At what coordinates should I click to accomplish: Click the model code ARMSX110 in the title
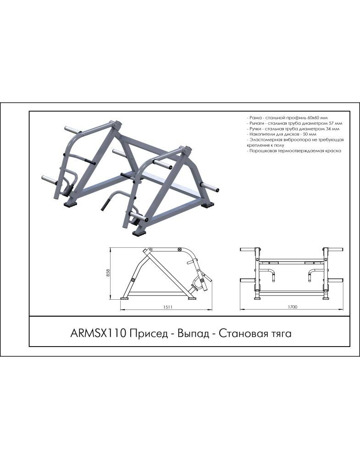click(98, 333)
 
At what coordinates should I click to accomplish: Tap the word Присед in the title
click(148, 333)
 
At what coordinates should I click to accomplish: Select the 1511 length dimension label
click(166, 307)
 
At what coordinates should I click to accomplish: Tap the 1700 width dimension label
click(293, 307)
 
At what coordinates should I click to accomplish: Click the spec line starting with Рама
click(287, 118)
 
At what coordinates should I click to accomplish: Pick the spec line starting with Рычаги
click(294, 123)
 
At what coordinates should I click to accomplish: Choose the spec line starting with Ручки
click(293, 129)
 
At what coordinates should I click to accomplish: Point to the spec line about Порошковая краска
click(294, 151)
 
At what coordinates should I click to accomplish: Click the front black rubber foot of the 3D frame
click(139, 233)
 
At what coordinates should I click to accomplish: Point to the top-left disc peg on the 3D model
click(73, 129)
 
